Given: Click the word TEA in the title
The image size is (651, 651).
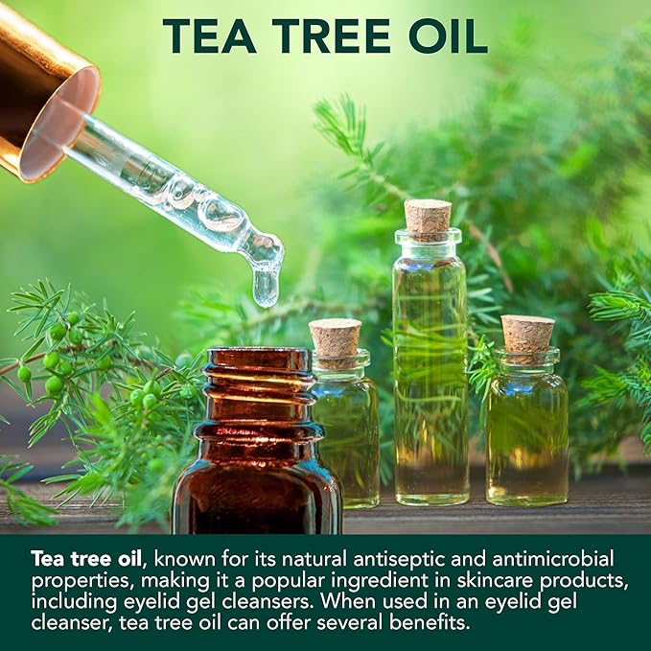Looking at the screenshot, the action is (209, 36).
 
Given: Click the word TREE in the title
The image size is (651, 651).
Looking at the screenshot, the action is (332, 36).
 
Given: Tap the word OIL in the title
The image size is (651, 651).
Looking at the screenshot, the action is (449, 36).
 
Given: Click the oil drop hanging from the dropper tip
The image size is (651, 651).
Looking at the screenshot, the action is (265, 286).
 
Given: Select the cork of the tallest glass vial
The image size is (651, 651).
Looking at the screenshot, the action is (428, 216).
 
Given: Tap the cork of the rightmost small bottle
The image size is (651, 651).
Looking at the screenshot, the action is (527, 334).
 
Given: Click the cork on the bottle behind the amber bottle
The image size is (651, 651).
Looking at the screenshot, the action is (335, 337).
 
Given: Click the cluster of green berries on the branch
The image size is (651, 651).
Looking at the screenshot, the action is (58, 353).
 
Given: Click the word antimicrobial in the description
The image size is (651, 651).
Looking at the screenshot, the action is (552, 558).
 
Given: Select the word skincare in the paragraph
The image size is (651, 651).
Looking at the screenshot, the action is (494, 580).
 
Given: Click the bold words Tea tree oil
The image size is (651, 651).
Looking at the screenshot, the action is (86, 558).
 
